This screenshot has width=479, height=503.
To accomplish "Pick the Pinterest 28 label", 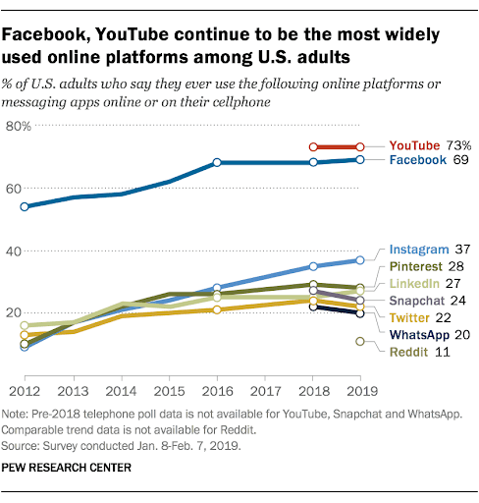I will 426,266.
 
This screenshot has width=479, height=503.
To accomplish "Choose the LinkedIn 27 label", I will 426,283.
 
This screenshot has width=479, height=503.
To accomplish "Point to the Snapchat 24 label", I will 426,301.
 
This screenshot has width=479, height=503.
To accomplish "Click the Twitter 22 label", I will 419,317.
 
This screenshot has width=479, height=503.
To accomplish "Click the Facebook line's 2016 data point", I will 216,161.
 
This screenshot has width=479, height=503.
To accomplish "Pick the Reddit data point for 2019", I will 360,341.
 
